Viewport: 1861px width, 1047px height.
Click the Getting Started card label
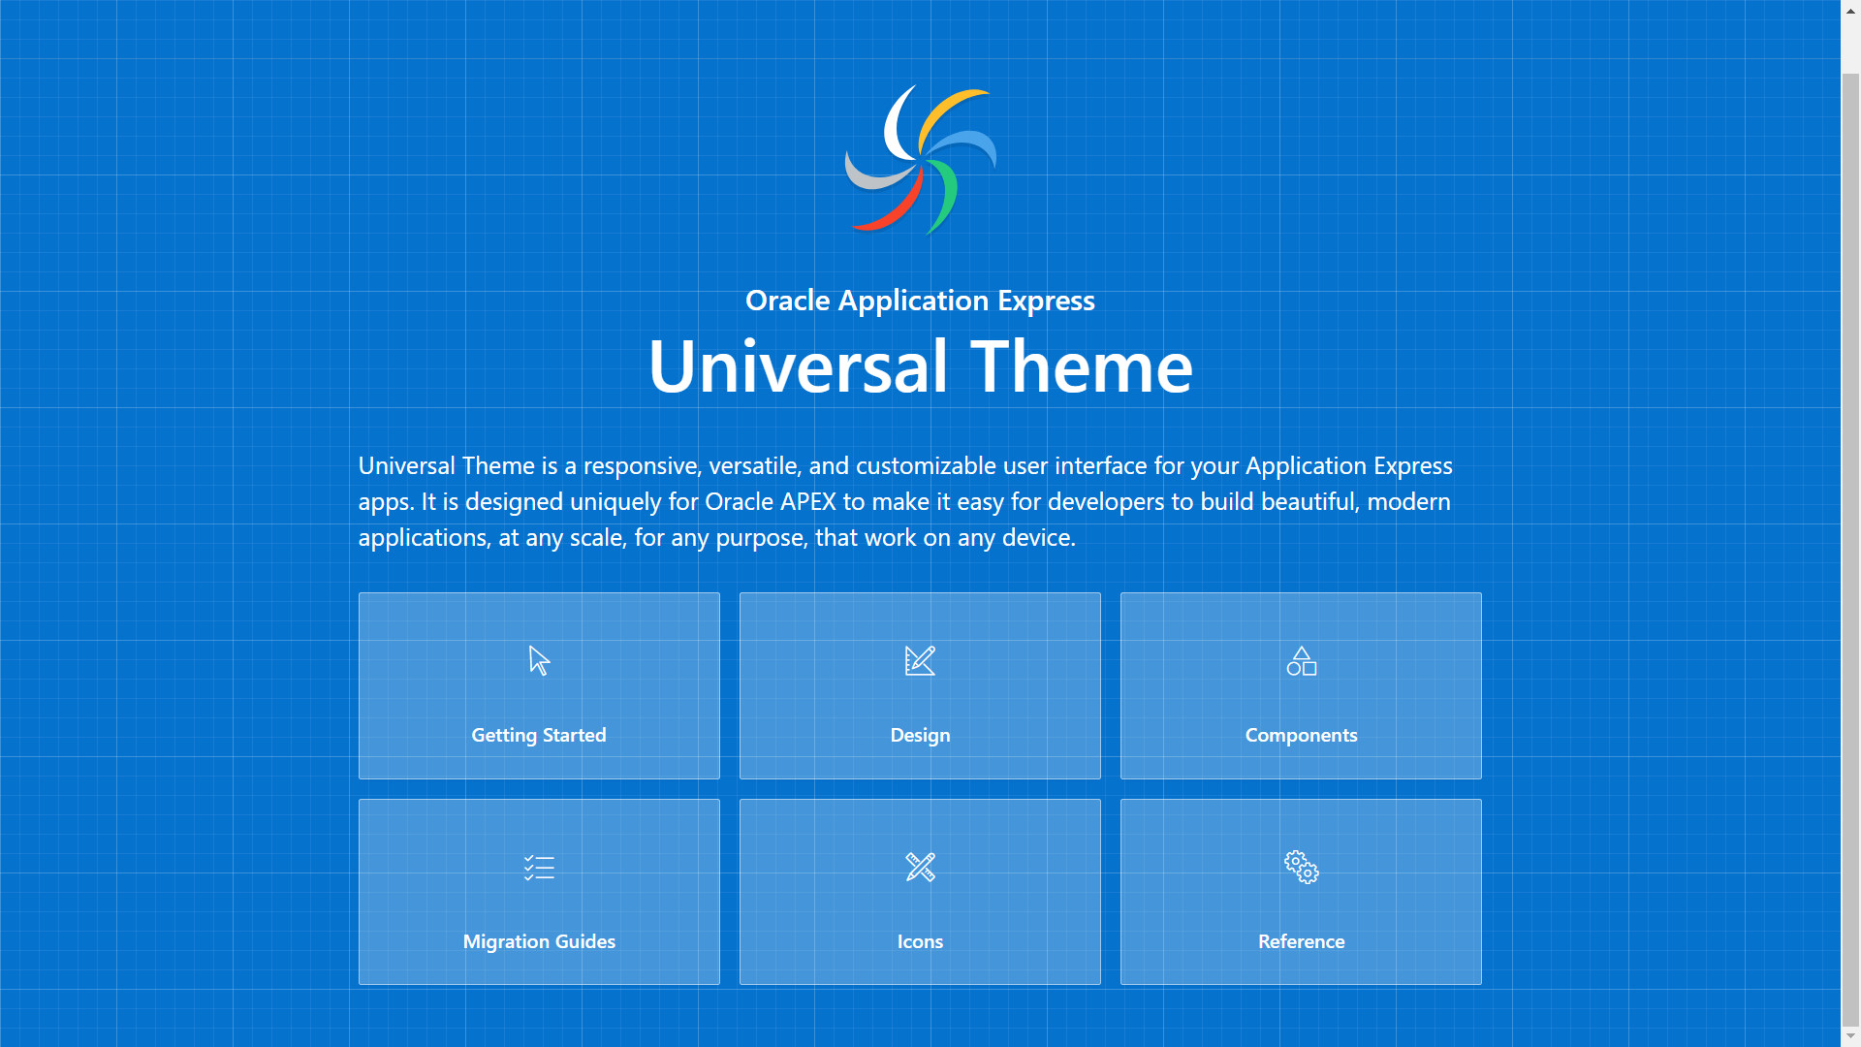coord(539,735)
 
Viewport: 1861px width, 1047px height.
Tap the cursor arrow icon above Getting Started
coord(540,661)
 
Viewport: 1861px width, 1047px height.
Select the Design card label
coord(920,735)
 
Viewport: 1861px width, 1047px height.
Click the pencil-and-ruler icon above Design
coord(920,661)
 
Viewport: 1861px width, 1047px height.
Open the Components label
coord(1301,735)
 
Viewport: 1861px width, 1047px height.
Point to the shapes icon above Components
coord(1301,661)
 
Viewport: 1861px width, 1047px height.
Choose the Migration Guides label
coord(539,941)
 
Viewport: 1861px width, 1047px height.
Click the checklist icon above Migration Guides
coord(539,868)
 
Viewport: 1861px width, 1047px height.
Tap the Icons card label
coord(920,941)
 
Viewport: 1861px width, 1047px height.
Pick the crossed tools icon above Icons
coord(920,868)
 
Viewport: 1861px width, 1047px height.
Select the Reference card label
coord(1301,941)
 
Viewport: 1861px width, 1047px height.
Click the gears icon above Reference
coord(1301,868)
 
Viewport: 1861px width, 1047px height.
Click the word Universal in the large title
coord(798,366)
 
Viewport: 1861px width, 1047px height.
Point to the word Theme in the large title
coord(1082,366)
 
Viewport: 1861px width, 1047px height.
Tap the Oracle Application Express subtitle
coord(920,301)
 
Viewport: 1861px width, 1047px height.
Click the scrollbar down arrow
coord(1850,1036)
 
